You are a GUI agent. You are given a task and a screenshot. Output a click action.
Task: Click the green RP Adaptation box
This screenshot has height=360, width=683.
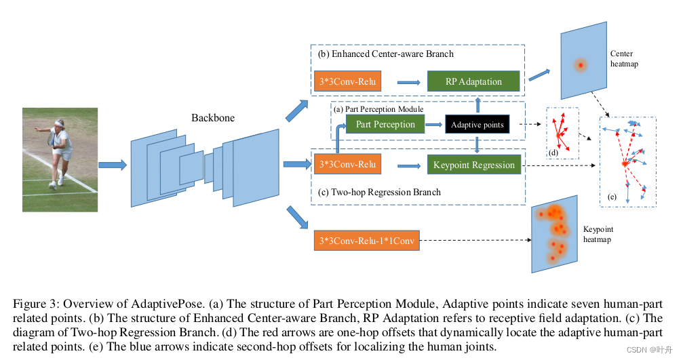[473, 82]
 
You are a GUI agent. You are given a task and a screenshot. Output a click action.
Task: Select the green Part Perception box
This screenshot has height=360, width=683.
[385, 125]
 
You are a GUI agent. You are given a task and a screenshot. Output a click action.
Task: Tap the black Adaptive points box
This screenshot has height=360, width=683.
[477, 125]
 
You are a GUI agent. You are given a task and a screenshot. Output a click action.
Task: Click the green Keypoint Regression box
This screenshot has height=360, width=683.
[474, 165]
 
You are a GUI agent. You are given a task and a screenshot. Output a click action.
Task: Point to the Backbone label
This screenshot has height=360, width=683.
[213, 118]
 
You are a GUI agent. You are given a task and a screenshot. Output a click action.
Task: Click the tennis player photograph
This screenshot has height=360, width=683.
[60, 159]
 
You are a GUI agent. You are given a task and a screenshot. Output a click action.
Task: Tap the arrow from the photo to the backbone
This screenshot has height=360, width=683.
[112, 164]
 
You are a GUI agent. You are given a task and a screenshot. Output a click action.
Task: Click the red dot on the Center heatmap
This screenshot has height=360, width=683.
[580, 66]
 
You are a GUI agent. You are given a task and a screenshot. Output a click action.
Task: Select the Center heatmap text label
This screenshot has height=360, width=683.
[623, 58]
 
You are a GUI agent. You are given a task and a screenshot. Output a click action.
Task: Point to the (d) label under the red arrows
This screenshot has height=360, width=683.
[554, 153]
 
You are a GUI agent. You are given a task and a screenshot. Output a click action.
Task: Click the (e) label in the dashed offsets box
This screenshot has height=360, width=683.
[612, 197]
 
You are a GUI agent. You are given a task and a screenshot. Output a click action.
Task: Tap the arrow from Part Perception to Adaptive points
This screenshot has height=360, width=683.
[434, 125]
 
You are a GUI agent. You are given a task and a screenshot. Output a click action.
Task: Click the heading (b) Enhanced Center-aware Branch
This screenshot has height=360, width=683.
[385, 54]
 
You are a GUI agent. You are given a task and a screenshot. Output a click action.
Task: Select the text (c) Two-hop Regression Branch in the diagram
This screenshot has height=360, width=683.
[379, 192]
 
